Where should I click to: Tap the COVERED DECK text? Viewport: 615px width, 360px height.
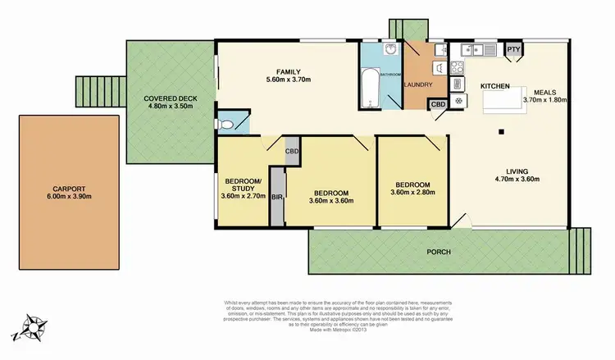[167, 96]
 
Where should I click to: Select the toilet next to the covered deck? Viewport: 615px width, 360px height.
[234, 124]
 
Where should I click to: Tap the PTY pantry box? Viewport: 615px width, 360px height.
[513, 50]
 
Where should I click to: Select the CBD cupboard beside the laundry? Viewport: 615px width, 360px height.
[439, 104]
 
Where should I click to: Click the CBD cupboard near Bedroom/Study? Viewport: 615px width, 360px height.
[292, 151]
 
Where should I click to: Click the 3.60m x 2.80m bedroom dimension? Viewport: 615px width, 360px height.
[414, 194]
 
